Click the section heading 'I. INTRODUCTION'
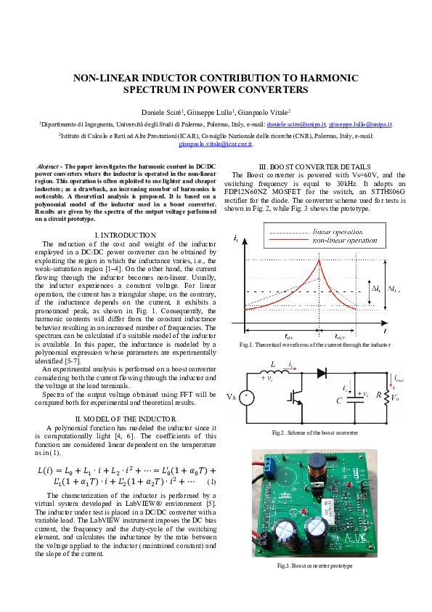(x=126, y=235)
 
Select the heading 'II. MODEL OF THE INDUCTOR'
(x=126, y=419)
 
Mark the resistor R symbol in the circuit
(x=387, y=397)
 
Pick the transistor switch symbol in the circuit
(x=298, y=397)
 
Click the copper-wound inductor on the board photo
(x=317, y=468)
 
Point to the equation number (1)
(x=211, y=482)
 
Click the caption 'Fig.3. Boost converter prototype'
(x=314, y=565)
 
